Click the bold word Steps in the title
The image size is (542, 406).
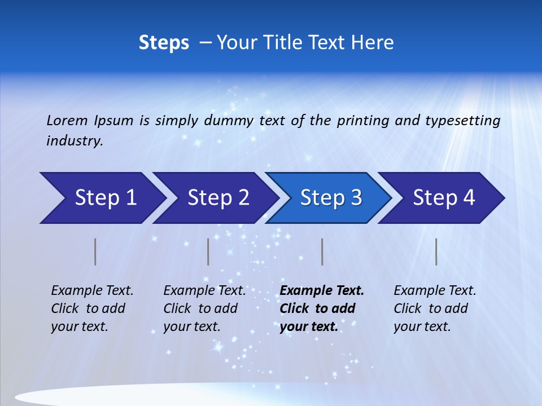coord(164,43)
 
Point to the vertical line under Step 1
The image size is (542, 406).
coord(95,251)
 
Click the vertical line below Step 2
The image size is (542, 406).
coord(208,251)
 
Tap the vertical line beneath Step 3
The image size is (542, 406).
coord(322,251)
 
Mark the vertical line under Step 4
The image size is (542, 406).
coord(436,251)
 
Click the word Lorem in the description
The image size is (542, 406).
coord(67,121)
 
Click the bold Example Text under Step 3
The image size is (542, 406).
coord(322,291)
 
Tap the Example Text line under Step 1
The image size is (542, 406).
coord(92,291)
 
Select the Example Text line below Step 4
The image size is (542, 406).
coord(435,291)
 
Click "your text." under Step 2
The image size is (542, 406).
coord(192,326)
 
